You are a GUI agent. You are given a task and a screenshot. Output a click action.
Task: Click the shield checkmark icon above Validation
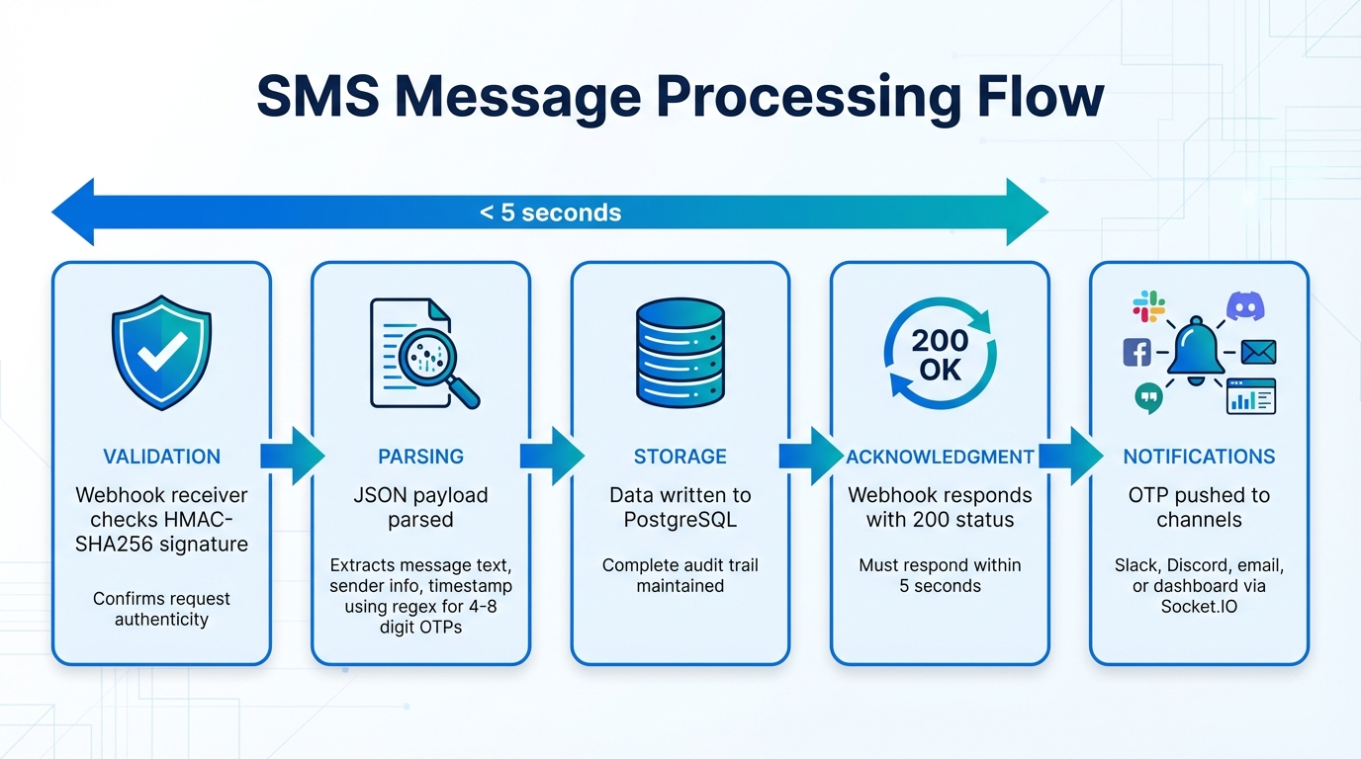pyautogui.click(x=161, y=352)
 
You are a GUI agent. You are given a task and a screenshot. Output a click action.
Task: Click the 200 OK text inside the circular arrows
pyautogui.click(x=940, y=355)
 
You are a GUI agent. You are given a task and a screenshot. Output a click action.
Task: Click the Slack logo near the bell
pyautogui.click(x=1148, y=305)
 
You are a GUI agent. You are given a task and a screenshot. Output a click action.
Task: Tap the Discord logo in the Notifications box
pyautogui.click(x=1244, y=306)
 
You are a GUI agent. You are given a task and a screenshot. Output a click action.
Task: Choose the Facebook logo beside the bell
pyautogui.click(x=1137, y=352)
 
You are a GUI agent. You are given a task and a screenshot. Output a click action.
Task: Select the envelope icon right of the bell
pyautogui.click(x=1258, y=352)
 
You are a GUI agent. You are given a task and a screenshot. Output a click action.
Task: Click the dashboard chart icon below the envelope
pyautogui.click(x=1251, y=396)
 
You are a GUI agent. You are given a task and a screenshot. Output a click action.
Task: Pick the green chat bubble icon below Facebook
pyautogui.click(x=1148, y=397)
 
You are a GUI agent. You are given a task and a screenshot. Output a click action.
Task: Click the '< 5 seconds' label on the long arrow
pyautogui.click(x=550, y=212)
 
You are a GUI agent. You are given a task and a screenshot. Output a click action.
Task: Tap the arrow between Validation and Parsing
pyautogui.click(x=292, y=456)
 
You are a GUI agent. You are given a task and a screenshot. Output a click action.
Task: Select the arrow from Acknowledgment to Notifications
pyautogui.click(x=1070, y=456)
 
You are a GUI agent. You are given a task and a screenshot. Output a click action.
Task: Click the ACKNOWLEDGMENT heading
pyautogui.click(x=940, y=457)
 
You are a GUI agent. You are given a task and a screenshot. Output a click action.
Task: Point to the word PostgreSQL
pyautogui.click(x=680, y=520)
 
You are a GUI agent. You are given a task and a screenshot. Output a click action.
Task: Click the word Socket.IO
pyautogui.click(x=1199, y=606)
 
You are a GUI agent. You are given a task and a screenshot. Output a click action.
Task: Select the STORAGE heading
pyautogui.click(x=680, y=457)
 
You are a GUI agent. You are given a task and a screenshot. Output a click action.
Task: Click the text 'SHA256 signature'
pyautogui.click(x=161, y=545)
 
